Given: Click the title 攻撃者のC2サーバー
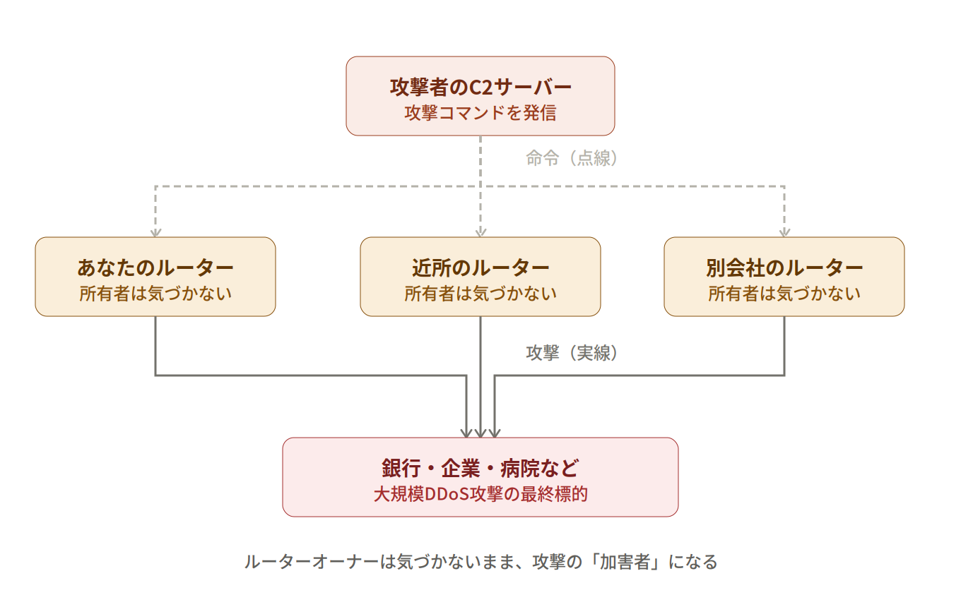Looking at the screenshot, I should click(x=481, y=87).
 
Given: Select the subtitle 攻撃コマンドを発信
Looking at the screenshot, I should click(x=481, y=113).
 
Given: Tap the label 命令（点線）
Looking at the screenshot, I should click(x=572, y=158).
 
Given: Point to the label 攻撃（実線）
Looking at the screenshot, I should click(x=572, y=353).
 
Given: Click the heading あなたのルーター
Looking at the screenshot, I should click(x=155, y=268).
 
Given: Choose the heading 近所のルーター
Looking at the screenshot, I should click(x=481, y=268).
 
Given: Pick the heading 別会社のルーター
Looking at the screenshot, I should click(x=784, y=268).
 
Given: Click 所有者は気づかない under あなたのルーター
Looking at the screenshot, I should click(x=155, y=294).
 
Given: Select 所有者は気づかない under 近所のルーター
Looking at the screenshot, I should click(x=481, y=294).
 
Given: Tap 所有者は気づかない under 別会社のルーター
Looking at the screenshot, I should click(x=784, y=294).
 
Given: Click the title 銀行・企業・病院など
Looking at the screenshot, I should click(x=481, y=468).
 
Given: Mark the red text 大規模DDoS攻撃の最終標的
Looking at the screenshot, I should click(x=481, y=494).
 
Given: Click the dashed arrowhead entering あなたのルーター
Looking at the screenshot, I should click(x=155, y=232).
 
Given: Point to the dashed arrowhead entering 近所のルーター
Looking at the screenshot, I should click(x=481, y=232).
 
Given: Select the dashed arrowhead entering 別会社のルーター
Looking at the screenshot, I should click(x=784, y=232).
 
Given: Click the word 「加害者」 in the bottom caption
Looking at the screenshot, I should click(x=626, y=562).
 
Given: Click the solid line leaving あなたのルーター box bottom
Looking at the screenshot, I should click(x=155, y=346).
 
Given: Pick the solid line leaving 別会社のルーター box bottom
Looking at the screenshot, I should click(x=784, y=346).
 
